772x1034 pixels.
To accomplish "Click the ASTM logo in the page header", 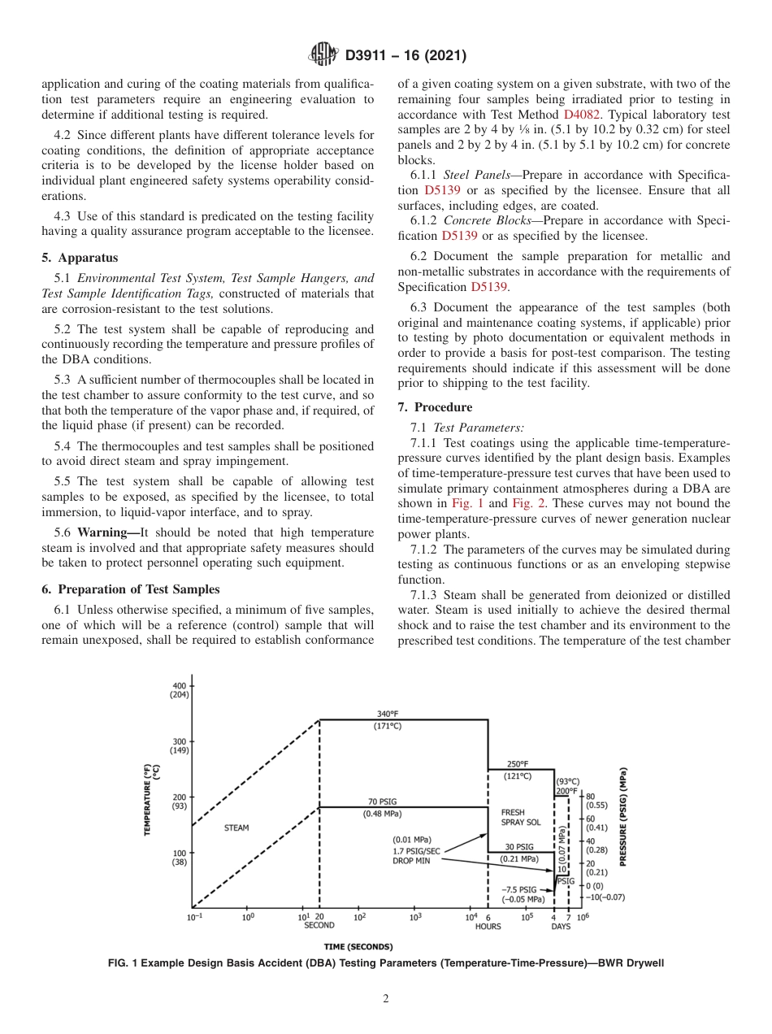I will (x=324, y=55).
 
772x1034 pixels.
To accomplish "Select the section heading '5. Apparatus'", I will (x=80, y=258).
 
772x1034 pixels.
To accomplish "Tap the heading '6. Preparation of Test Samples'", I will (x=130, y=589).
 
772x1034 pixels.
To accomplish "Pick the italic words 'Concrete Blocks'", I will (x=484, y=221).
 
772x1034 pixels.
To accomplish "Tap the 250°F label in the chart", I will (x=517, y=764).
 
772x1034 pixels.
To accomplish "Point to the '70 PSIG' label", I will (x=383, y=802).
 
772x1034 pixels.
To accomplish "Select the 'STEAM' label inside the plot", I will (x=236, y=828).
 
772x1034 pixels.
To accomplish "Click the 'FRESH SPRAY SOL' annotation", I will (x=520, y=817).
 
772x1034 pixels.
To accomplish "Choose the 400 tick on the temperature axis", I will (x=179, y=686).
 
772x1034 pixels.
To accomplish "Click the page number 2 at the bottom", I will (x=386, y=999).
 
